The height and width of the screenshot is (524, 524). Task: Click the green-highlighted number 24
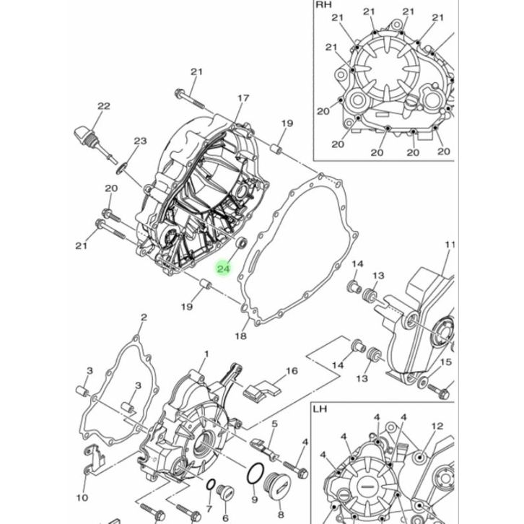(224, 268)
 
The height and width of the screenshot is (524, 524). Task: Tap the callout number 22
(104, 106)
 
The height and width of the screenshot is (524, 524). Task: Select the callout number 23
(140, 141)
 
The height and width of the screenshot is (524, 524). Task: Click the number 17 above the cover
(243, 98)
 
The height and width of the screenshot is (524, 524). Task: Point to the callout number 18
(240, 336)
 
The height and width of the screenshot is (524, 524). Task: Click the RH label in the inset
(323, 4)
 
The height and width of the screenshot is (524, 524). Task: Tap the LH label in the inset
(320, 409)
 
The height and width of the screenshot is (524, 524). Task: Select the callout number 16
(292, 371)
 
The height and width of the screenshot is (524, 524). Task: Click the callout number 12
(437, 426)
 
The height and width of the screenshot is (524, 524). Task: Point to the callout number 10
(82, 497)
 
